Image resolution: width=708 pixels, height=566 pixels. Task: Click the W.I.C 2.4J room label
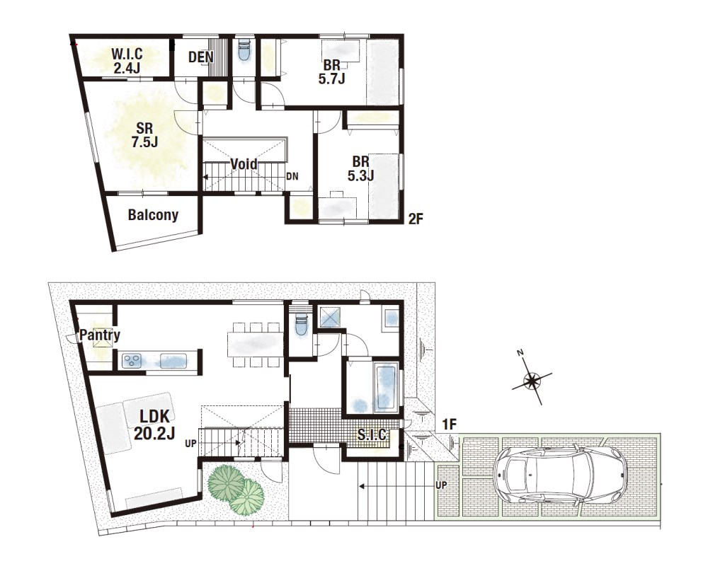pos(127,61)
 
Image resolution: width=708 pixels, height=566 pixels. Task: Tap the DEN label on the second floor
pos(201,57)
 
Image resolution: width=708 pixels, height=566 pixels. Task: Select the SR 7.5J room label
pos(144,135)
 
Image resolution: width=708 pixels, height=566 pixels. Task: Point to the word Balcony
pos(153,215)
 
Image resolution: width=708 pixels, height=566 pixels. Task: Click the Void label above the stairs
pos(244,164)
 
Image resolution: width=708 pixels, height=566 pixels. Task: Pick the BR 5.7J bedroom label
pos(332,71)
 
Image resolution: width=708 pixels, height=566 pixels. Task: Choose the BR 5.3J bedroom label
pos(361,168)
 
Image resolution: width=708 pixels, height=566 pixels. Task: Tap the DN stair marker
pos(292,176)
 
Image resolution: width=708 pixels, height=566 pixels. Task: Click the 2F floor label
pos(416,219)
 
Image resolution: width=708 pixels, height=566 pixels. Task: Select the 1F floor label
pos(450,424)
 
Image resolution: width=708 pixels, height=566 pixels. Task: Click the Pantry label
pos(100,335)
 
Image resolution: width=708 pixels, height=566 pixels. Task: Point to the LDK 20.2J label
pos(154,424)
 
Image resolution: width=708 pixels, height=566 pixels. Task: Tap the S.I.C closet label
pos(372,434)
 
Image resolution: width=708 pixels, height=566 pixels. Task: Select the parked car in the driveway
pos(560,475)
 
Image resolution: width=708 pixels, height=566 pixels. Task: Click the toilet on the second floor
pos(244,52)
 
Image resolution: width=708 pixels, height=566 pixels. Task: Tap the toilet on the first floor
pos(299,323)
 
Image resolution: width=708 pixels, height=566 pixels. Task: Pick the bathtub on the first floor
pos(386,389)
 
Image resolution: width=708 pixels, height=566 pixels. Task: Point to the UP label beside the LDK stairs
pos(190,444)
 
